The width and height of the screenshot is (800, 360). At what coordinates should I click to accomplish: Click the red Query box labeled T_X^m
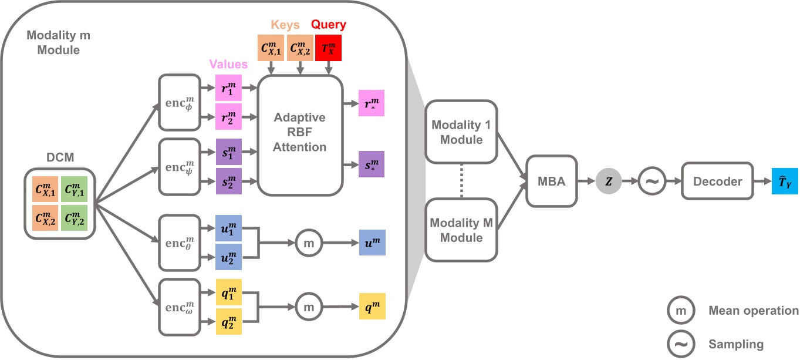328,48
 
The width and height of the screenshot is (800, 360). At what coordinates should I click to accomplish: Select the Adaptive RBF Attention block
299,135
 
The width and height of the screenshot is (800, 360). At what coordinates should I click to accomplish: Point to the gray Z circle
609,181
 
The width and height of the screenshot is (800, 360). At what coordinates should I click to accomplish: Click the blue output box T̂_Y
785,181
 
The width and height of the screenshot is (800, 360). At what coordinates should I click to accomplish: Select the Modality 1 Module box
461,132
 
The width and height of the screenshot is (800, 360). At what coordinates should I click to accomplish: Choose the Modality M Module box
461,230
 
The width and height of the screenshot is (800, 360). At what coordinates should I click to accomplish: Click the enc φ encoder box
180,102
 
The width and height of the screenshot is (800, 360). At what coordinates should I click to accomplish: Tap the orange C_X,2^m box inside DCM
45,218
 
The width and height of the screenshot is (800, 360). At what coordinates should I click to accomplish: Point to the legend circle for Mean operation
681,310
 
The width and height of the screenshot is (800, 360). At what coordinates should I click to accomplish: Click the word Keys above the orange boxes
285,25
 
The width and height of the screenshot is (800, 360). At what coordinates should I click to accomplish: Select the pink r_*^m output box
372,103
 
